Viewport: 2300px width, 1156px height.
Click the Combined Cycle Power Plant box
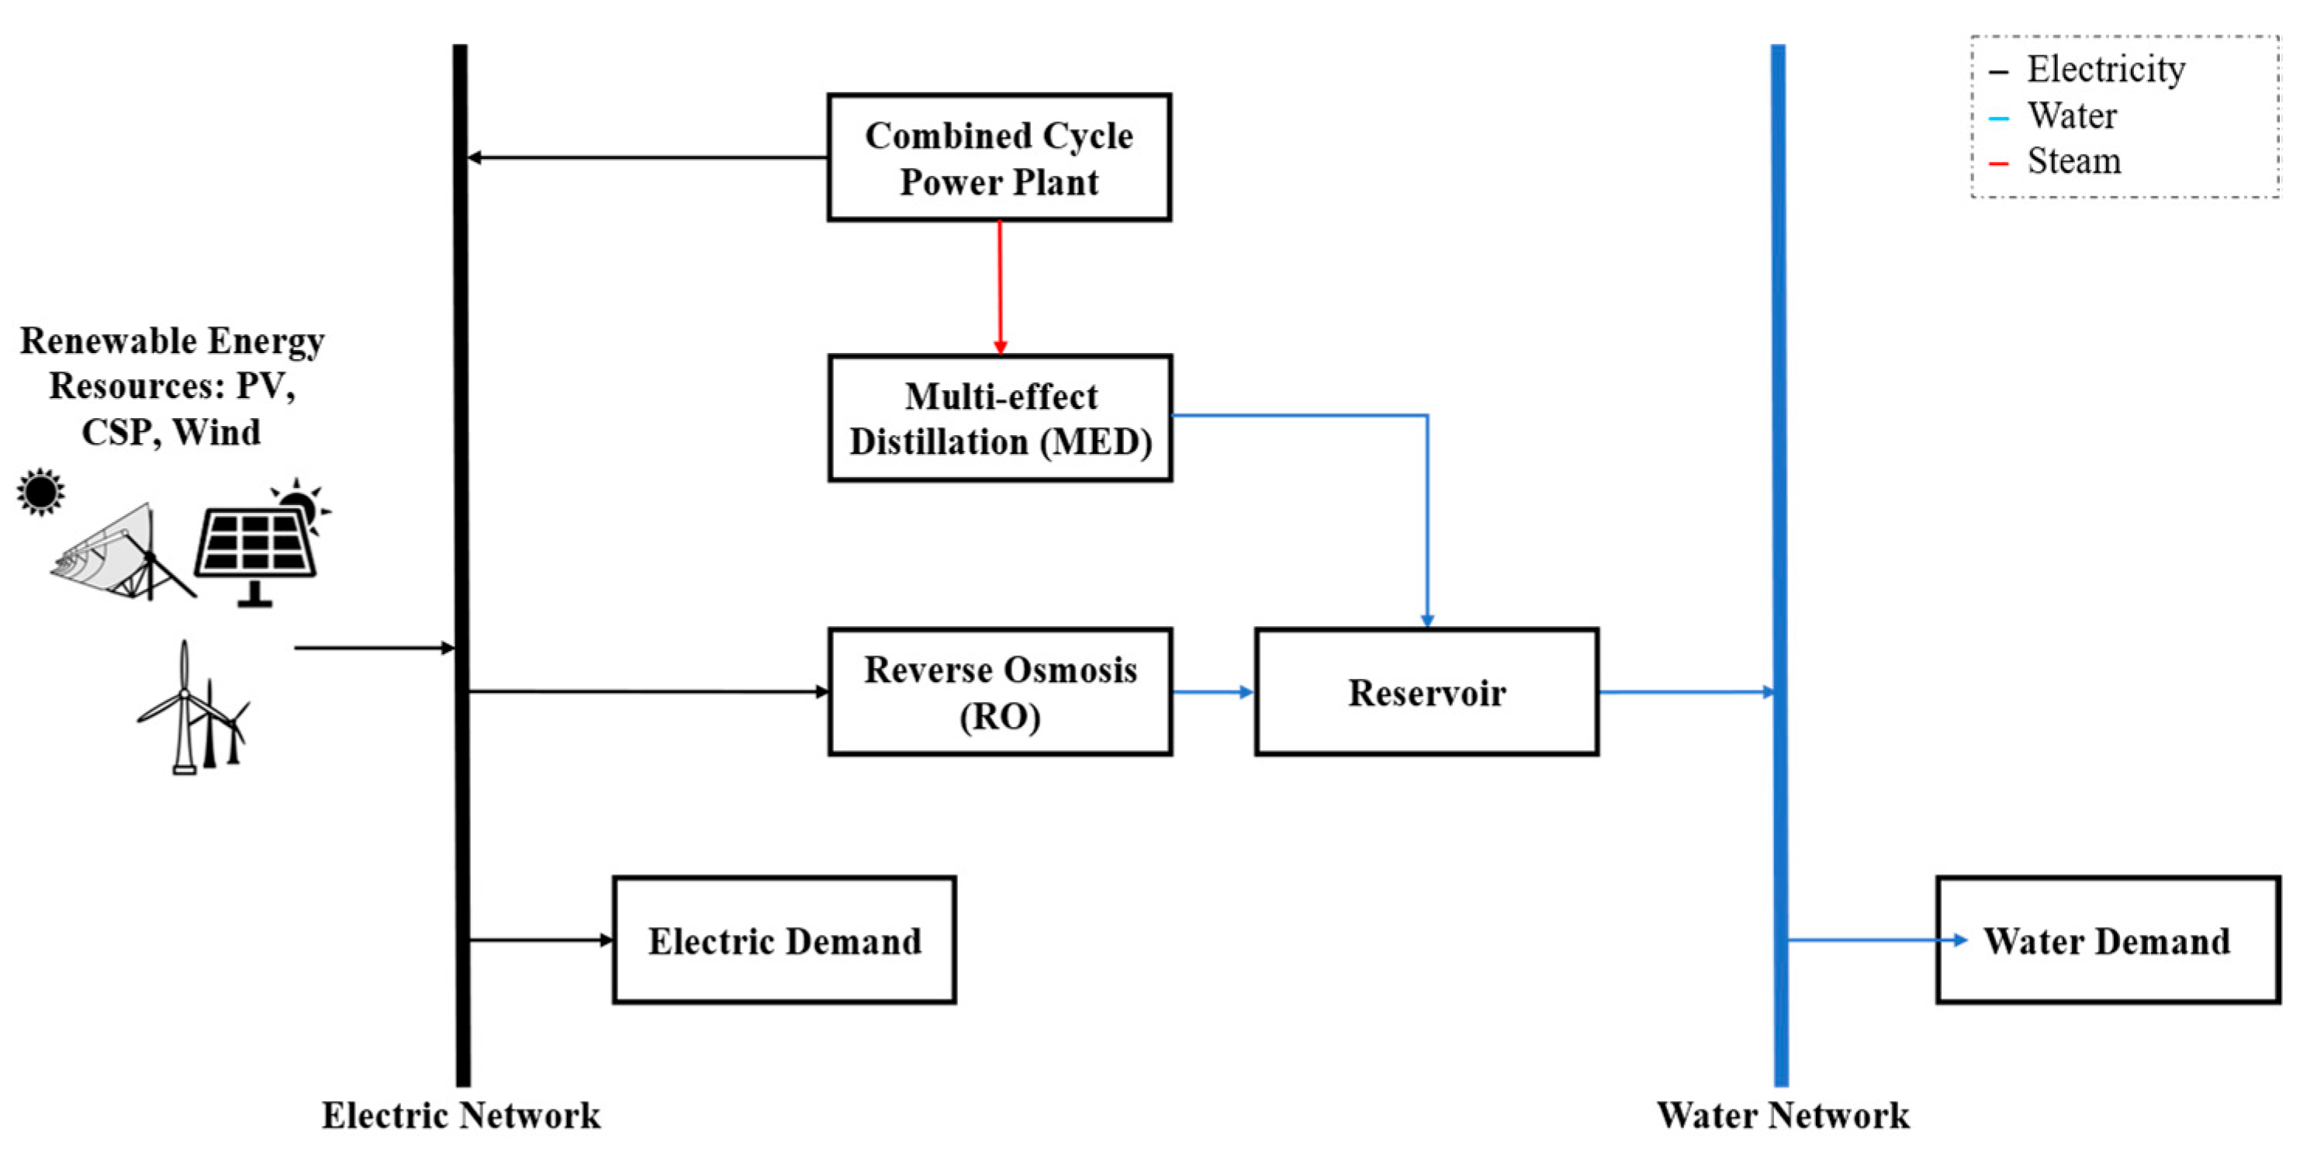998,158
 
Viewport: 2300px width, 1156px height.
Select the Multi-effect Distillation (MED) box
999,419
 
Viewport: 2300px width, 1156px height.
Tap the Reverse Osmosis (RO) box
999,693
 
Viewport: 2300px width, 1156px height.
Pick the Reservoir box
1426,693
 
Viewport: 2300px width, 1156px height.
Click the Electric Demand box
784,941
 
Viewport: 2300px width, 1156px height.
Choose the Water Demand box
2107,941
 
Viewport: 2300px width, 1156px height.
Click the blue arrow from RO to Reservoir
1212,692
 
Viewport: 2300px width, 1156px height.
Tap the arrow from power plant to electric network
647,158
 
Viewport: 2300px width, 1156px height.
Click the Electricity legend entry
2105,70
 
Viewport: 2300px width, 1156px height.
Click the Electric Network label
461,1116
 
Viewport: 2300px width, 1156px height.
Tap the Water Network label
1782,1116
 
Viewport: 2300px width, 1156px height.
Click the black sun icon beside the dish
41,492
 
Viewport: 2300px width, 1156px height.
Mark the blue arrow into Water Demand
1875,940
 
